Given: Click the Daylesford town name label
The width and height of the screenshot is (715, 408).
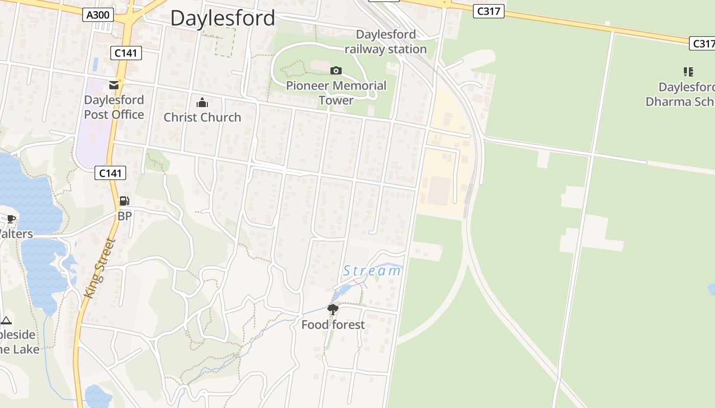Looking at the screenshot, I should coord(223,18).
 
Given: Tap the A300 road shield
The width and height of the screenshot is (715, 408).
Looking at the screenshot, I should coord(98,15).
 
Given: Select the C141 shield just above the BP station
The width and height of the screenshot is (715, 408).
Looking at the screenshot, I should coord(110,173).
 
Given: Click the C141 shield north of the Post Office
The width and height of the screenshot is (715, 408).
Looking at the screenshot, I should coord(126,53).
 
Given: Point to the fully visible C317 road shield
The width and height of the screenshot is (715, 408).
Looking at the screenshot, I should coord(489,11).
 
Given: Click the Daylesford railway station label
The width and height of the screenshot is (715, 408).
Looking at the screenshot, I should coord(386,42).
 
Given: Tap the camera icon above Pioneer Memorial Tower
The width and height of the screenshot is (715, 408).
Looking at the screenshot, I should coord(336,70).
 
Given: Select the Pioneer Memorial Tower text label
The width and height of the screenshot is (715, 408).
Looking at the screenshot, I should coord(336,93).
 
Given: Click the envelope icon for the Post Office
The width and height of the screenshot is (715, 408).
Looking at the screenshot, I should coord(114,85).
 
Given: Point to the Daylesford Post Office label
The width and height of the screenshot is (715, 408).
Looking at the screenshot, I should coord(114,107).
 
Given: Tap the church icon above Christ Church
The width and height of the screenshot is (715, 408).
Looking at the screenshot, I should coord(202,103).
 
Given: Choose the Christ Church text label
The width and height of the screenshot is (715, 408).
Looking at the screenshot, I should coord(202,117).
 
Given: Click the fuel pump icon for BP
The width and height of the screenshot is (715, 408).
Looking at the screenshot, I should coord(124,201).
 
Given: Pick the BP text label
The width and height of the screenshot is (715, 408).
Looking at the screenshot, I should coord(125,216).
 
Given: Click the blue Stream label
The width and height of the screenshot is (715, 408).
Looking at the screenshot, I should coord(372,271).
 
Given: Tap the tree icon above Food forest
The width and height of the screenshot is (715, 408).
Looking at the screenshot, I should coord(333,309).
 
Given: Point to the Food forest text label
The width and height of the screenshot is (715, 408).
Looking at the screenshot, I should coord(333,325).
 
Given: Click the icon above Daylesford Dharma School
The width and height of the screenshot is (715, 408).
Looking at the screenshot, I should coord(688,72).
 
